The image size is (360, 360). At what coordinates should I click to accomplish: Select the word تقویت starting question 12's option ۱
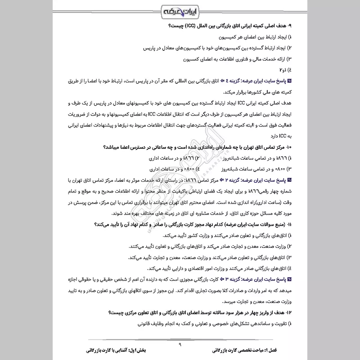pos(277,323)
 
